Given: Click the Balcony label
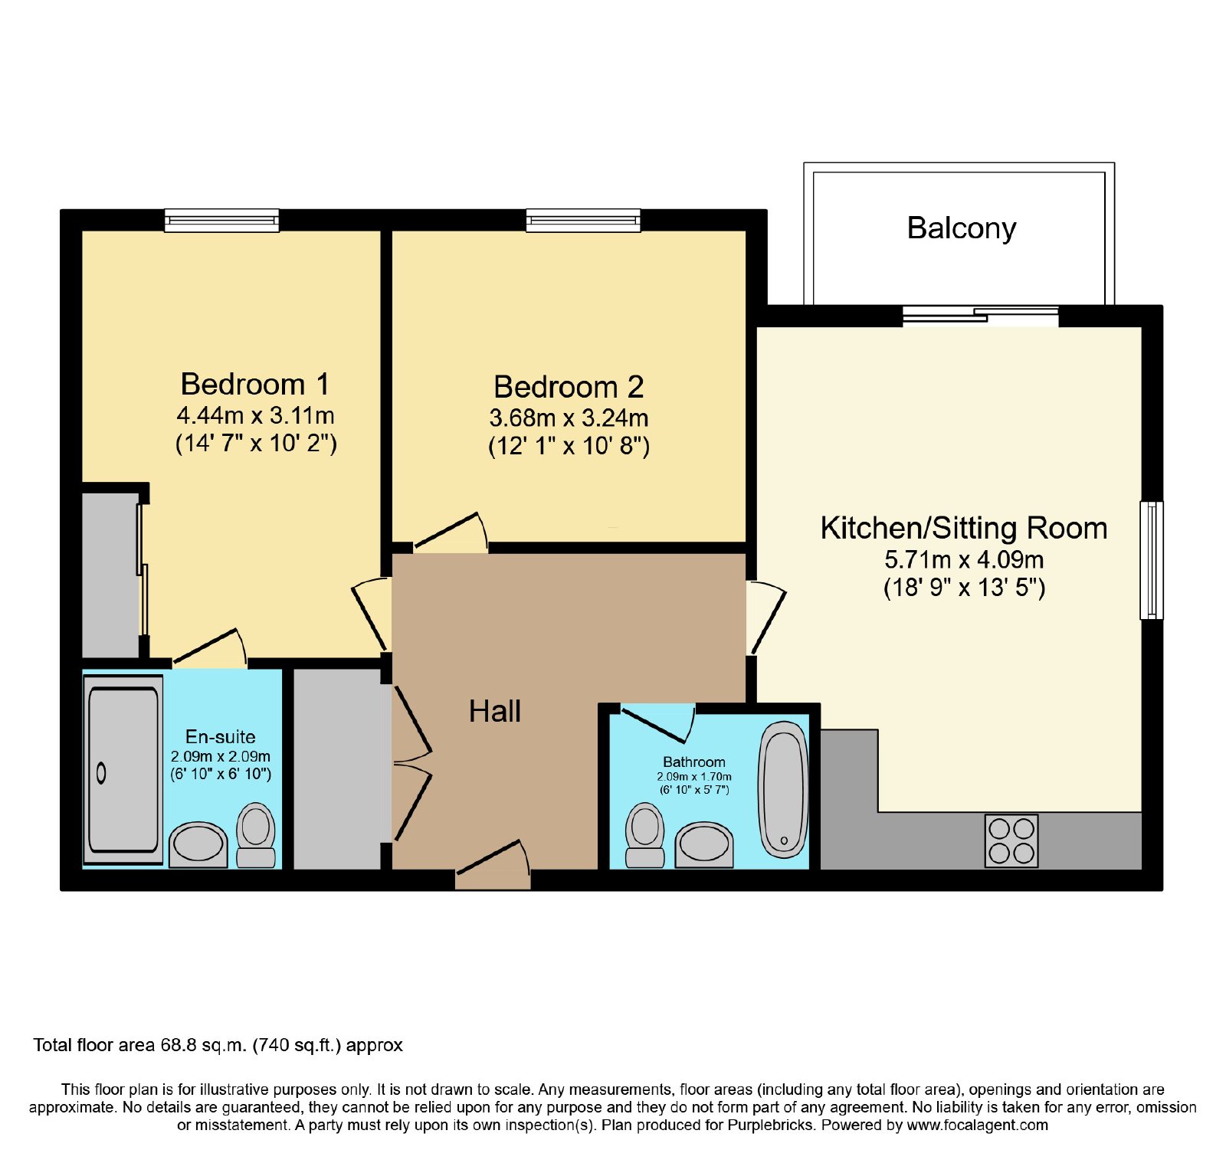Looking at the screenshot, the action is point(962,228).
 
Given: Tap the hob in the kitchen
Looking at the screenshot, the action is point(1011,840).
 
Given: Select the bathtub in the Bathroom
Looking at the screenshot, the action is point(783,789).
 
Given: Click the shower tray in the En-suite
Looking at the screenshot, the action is point(123,769).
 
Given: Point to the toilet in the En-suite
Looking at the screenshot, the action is point(256,835).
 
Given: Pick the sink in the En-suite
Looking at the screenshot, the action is point(198,845).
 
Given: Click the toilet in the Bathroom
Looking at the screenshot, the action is point(645,835).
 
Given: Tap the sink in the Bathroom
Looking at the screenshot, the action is point(704,845).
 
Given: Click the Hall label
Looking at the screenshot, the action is point(495,711).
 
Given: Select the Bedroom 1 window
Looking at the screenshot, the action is point(221,221).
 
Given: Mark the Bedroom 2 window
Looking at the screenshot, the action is point(583,221).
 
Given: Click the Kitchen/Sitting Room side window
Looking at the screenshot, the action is point(1152,560).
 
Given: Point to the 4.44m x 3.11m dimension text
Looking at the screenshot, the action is point(256,416).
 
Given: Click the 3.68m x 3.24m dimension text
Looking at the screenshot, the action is point(569,418).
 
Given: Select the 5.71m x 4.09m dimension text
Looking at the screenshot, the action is point(964,560).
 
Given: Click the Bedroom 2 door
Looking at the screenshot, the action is point(451,532).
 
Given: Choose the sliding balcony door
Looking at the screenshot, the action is point(981,316).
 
